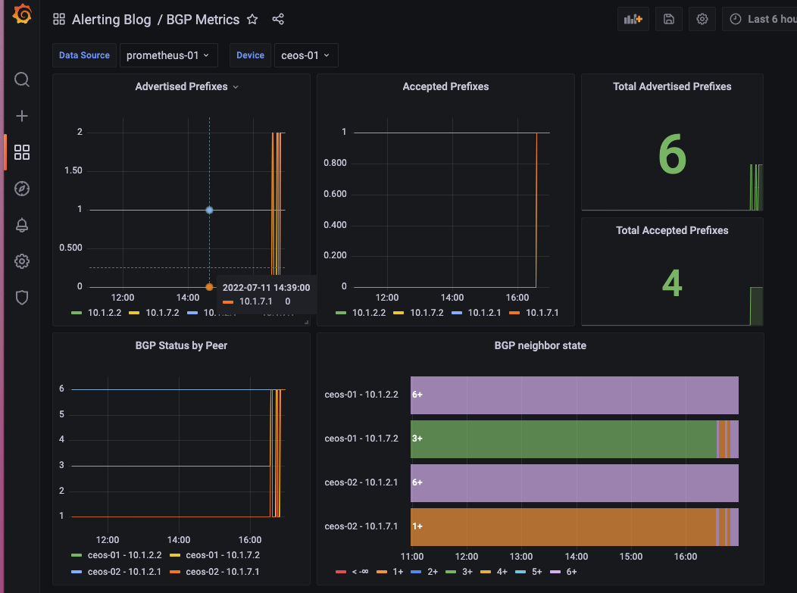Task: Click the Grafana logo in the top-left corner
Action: (x=22, y=15)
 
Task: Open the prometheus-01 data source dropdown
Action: (x=168, y=55)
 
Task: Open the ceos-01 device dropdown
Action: (x=305, y=55)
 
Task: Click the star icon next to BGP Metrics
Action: (x=253, y=20)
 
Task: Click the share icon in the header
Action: (x=278, y=20)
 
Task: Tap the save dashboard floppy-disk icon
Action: (x=669, y=20)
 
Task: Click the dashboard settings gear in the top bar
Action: (x=702, y=20)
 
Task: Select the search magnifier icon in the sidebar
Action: (x=22, y=80)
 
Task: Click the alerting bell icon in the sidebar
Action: (x=22, y=225)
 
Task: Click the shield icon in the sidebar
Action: (x=22, y=298)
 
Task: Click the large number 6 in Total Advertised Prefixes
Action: (x=672, y=154)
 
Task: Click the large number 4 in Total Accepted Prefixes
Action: (x=672, y=282)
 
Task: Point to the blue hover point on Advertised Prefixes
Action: (x=209, y=210)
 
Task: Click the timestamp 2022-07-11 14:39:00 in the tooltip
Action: (x=266, y=288)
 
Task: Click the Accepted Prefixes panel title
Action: (x=445, y=86)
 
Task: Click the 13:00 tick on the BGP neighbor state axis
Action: (x=521, y=557)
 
